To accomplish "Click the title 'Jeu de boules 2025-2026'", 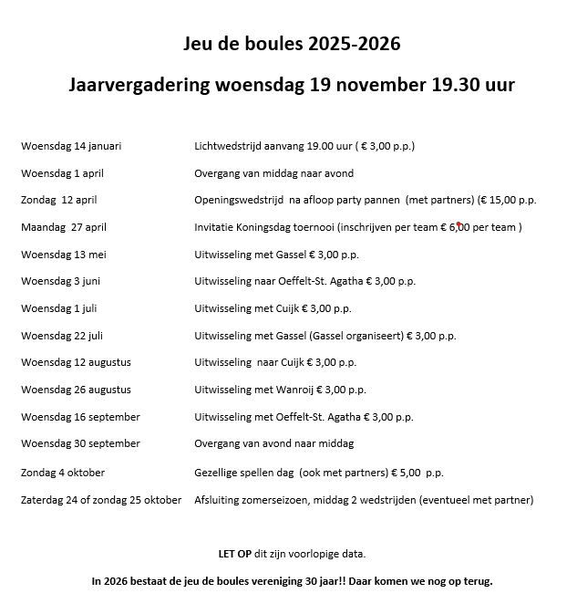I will pyautogui.click(x=292, y=45).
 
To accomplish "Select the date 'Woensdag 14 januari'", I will pyautogui.click(x=71, y=146).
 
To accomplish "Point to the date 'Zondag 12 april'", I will pyautogui.click(x=58, y=200).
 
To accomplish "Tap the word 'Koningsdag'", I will pyautogui.click(x=276, y=227).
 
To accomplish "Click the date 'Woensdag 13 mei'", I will pyautogui.click(x=64, y=255).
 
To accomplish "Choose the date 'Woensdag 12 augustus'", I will pyautogui.click(x=76, y=362).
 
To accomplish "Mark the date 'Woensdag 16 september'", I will pyautogui.click(x=80, y=417).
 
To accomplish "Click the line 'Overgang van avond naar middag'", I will pyautogui.click(x=273, y=443).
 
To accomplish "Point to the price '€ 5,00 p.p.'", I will pyautogui.click(x=417, y=473).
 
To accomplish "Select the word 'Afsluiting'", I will pyautogui.click(x=217, y=500).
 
